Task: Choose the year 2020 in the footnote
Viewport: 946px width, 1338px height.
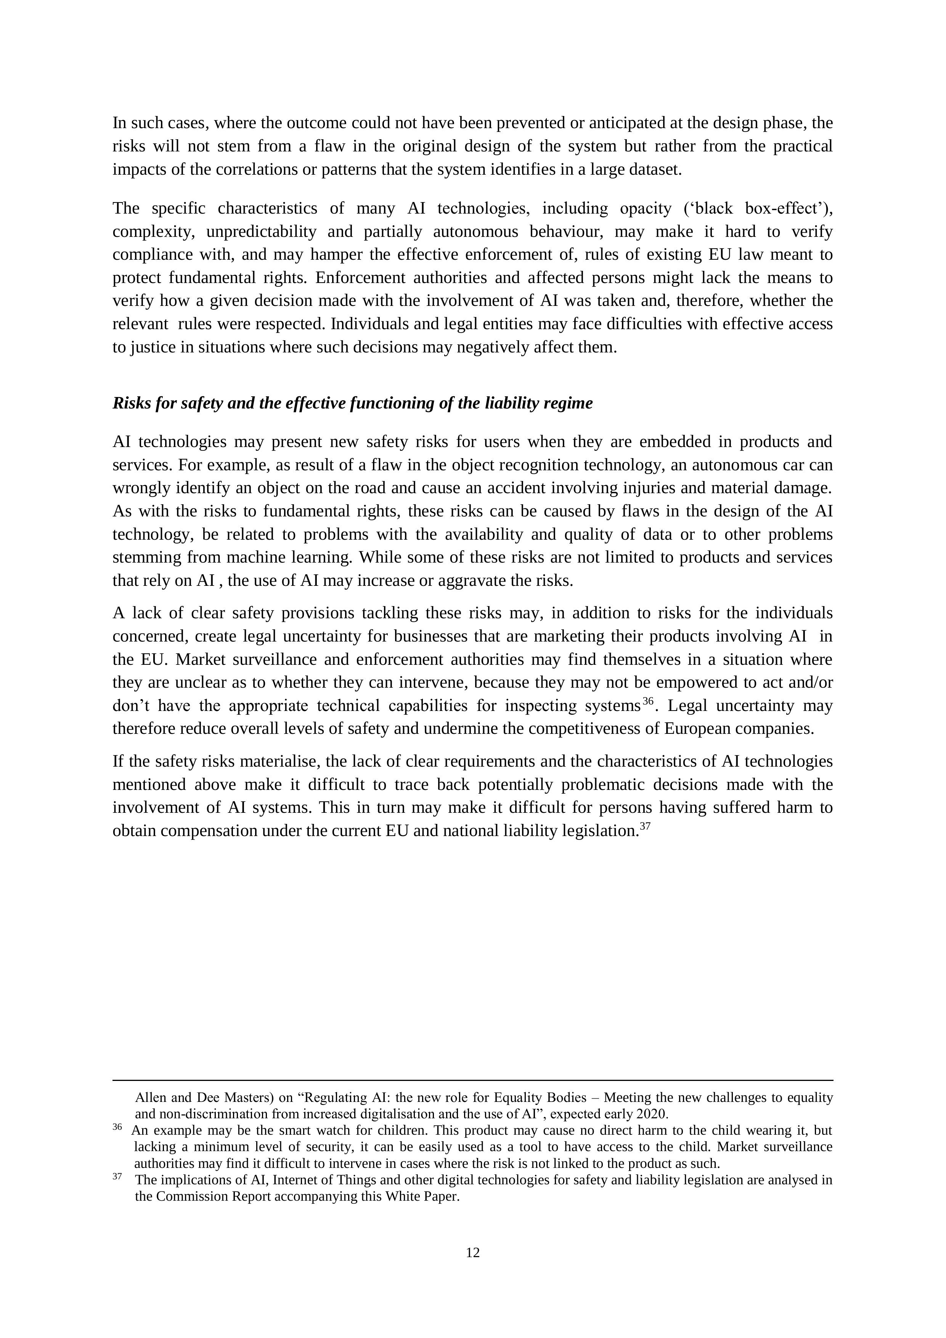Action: point(654,1114)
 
